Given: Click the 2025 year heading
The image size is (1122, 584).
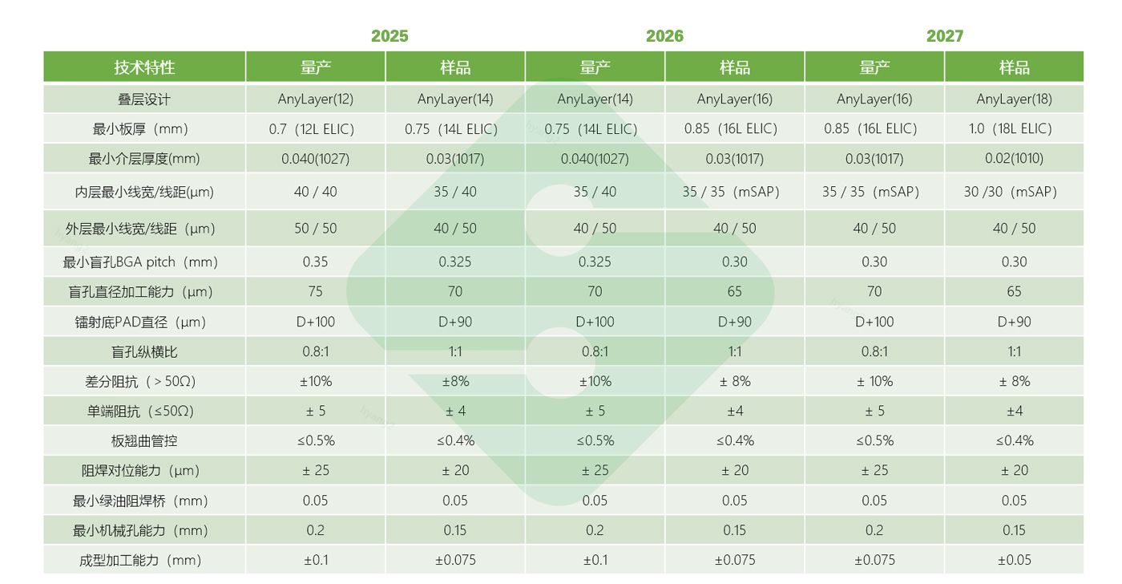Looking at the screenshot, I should click(389, 36).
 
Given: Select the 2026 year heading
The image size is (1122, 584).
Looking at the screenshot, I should click(664, 36).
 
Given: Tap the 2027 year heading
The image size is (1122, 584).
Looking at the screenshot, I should click(944, 36).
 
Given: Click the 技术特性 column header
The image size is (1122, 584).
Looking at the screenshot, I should click(144, 67).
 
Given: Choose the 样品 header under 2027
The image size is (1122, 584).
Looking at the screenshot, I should click(1014, 67).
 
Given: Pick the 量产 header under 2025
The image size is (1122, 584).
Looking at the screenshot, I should click(315, 67).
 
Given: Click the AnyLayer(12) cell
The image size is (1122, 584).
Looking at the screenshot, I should click(315, 99).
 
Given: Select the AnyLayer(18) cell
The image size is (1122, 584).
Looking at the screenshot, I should click(1014, 99).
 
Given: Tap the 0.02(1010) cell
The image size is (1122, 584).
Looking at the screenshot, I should click(1014, 159).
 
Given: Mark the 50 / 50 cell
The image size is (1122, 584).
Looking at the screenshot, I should click(315, 229).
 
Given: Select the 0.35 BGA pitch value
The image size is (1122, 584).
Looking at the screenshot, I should click(315, 262).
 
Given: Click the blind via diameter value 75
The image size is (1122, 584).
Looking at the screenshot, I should click(315, 292).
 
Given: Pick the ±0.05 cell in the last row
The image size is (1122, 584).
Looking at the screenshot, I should click(1014, 561).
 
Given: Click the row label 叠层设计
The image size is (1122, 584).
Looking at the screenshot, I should click(144, 99).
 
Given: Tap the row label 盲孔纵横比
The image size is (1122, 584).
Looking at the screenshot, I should click(144, 352).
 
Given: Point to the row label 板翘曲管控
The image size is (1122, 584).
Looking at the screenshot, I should click(144, 441).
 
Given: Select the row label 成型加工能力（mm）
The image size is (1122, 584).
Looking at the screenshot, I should click(141, 561).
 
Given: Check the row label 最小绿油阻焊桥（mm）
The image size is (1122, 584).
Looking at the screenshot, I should click(141, 501).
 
